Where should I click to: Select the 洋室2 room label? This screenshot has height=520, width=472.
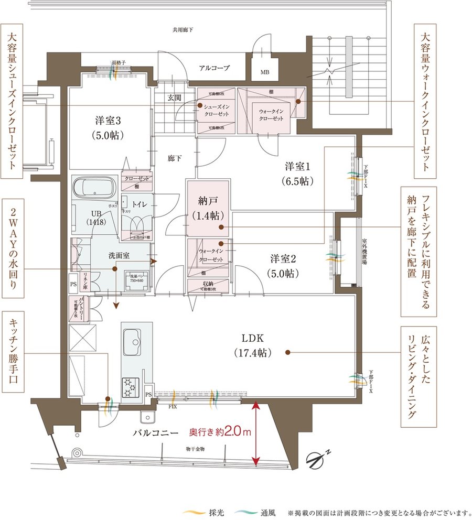coord(284,266)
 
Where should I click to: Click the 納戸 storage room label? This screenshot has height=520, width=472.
coord(208,208)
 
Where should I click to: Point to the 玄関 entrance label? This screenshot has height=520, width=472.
coord(174,97)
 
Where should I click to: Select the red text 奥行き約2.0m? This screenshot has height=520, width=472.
coord(220,433)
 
